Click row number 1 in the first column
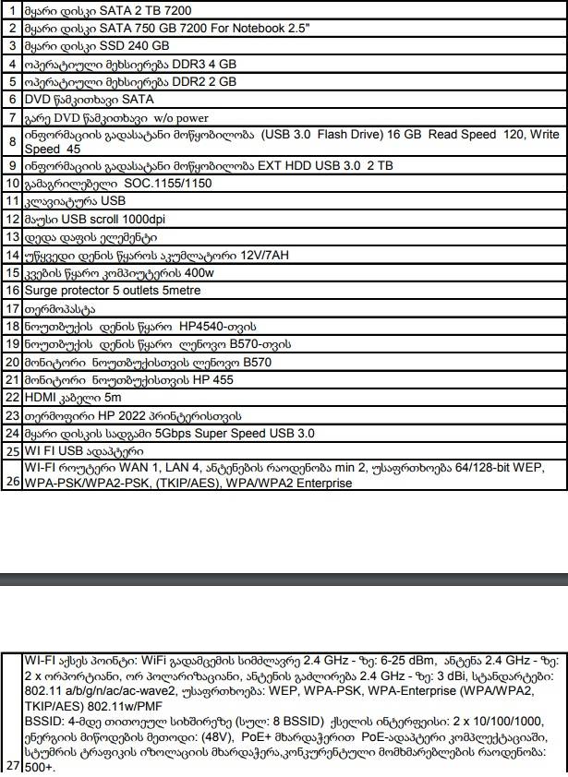point(13,10)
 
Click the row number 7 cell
point(13,117)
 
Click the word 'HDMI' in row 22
point(41,397)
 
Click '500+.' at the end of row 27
point(40,766)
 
